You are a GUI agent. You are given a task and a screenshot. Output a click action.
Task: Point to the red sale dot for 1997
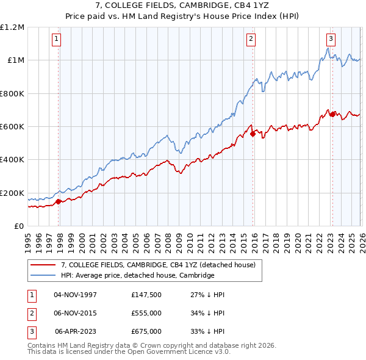click(x=59, y=201)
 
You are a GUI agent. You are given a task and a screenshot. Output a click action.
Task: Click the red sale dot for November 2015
click(x=253, y=134)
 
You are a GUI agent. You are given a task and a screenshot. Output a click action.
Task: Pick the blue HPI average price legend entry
click(x=137, y=275)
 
